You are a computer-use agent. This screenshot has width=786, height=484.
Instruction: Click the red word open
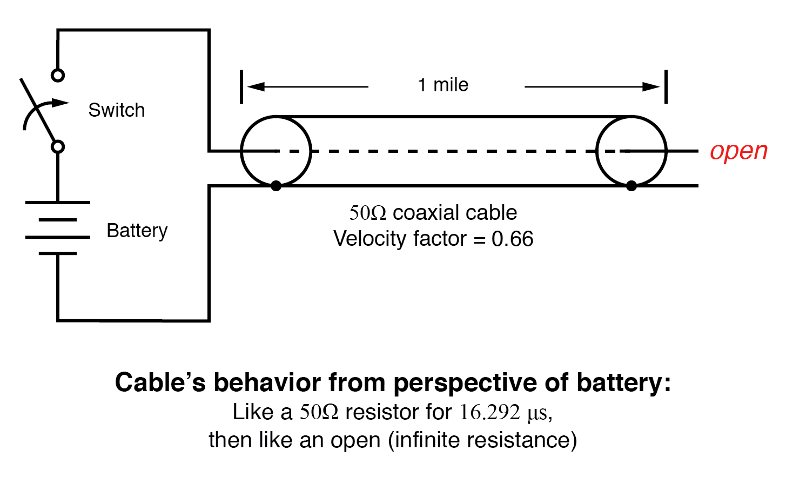point(738,151)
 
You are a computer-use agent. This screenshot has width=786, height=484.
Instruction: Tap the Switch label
point(116,110)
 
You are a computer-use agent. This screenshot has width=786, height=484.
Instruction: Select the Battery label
point(137,231)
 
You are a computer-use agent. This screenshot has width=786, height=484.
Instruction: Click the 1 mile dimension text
point(443,85)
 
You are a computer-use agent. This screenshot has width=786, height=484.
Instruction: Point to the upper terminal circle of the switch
point(58,75)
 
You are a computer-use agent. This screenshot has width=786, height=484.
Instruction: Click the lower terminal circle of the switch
point(58,146)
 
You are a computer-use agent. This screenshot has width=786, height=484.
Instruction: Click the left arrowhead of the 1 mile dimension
point(255,86)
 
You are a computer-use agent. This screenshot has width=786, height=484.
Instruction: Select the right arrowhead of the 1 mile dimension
point(651,86)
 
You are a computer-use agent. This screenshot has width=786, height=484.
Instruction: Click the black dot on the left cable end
point(276,186)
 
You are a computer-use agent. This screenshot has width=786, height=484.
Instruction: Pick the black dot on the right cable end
point(631,186)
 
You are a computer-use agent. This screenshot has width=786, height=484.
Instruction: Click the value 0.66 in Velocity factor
point(512,239)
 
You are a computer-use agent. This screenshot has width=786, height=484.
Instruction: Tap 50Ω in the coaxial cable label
point(368,213)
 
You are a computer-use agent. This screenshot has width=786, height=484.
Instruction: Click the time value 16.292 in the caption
point(489,412)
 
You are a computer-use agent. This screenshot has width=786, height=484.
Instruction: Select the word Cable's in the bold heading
point(160,382)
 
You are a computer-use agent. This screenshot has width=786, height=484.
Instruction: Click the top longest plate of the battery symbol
point(58,203)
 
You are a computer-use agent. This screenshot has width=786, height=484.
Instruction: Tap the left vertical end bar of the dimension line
point(241,86)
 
